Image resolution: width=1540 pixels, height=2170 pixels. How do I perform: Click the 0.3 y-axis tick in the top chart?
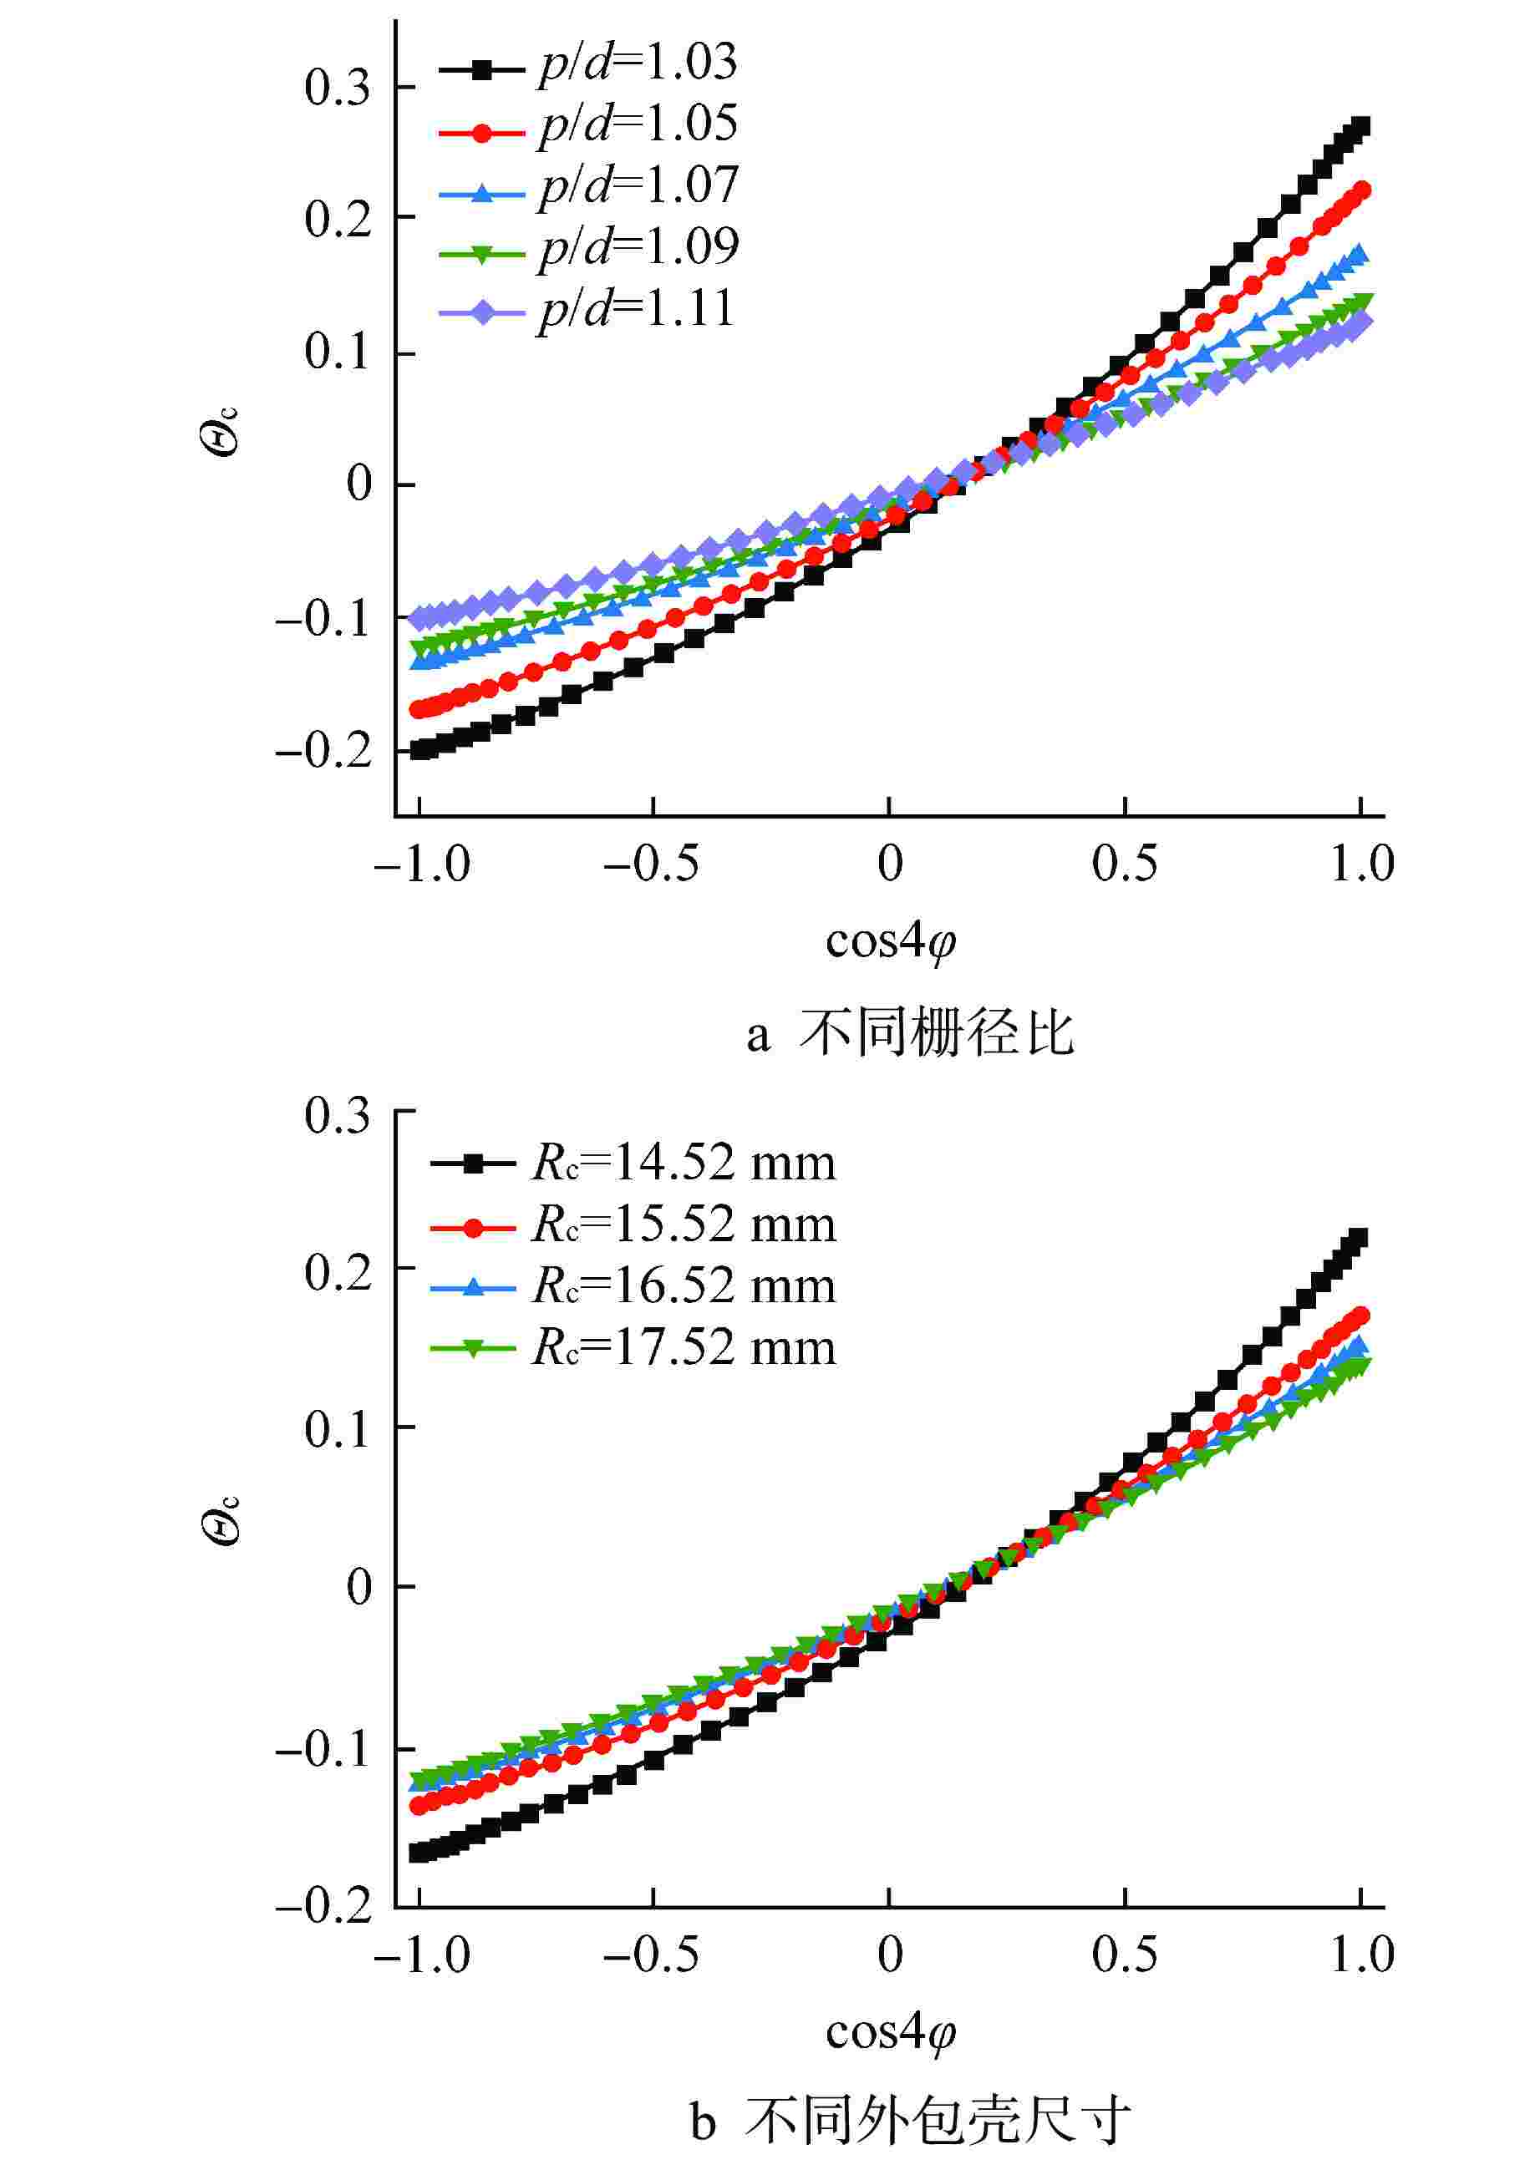point(337,89)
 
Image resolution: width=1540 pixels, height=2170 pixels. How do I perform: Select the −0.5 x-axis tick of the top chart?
point(652,864)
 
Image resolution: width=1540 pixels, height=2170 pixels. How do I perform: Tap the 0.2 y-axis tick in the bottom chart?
point(337,1272)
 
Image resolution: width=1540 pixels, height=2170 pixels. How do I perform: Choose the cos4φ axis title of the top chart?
point(889,941)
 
